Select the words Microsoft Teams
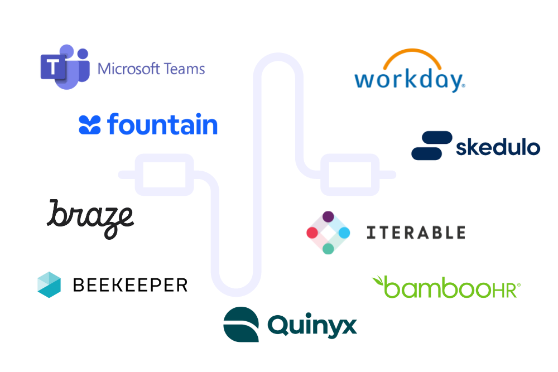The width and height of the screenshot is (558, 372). (151, 69)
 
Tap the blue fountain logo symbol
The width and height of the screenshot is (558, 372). (89, 124)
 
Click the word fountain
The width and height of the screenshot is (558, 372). (162, 124)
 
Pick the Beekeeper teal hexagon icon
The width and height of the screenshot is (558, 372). (49, 284)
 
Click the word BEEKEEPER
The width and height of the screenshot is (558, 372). (129, 285)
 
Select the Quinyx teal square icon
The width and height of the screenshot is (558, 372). (241, 324)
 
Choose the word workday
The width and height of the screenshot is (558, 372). (409, 80)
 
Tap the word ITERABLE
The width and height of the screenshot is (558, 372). (416, 233)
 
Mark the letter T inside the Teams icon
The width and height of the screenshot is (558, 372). (53, 68)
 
